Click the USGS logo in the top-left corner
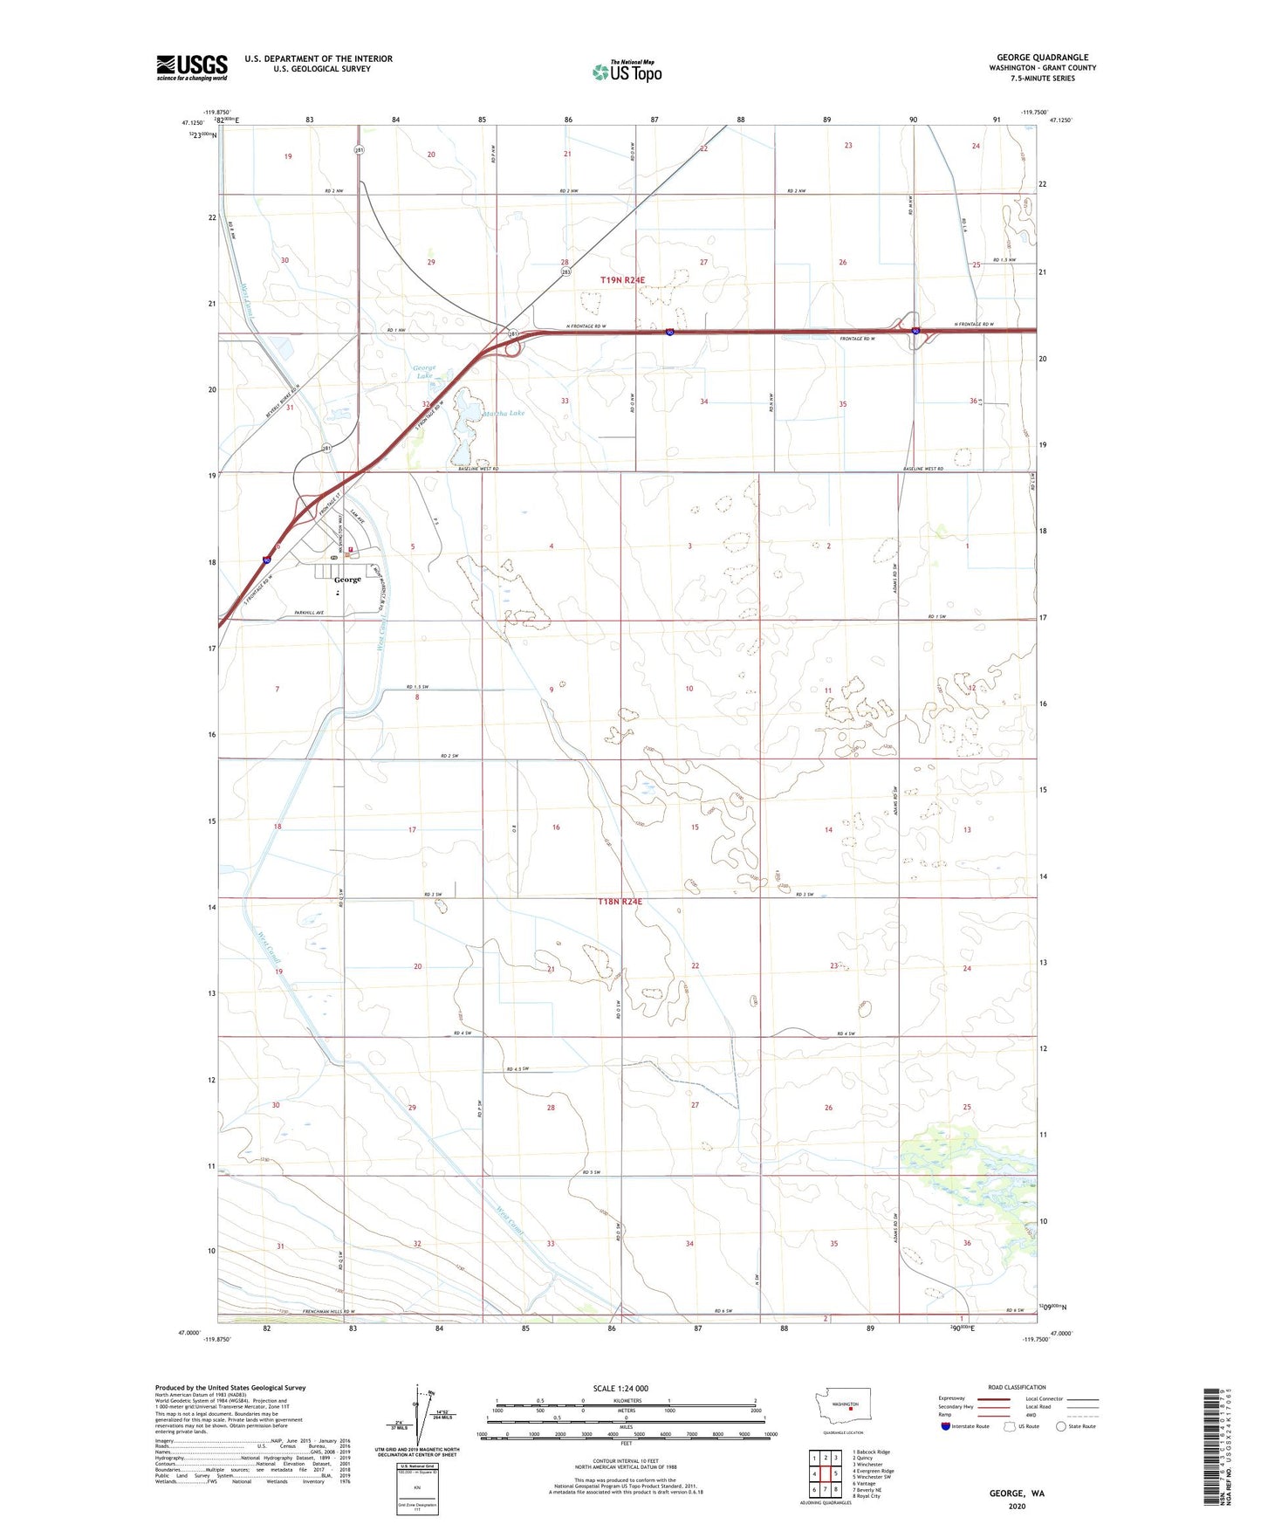pyautogui.click(x=192, y=67)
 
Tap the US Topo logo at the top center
pyautogui.click(x=627, y=71)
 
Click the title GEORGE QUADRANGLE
pyautogui.click(x=1042, y=58)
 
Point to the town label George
pyautogui.click(x=347, y=580)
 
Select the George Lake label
pyautogui.click(x=423, y=372)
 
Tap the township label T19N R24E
pyautogui.click(x=622, y=279)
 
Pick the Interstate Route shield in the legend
pyautogui.click(x=946, y=1426)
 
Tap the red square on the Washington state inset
pyautogui.click(x=851, y=1407)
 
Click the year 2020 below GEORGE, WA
pyautogui.click(x=1017, y=1506)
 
